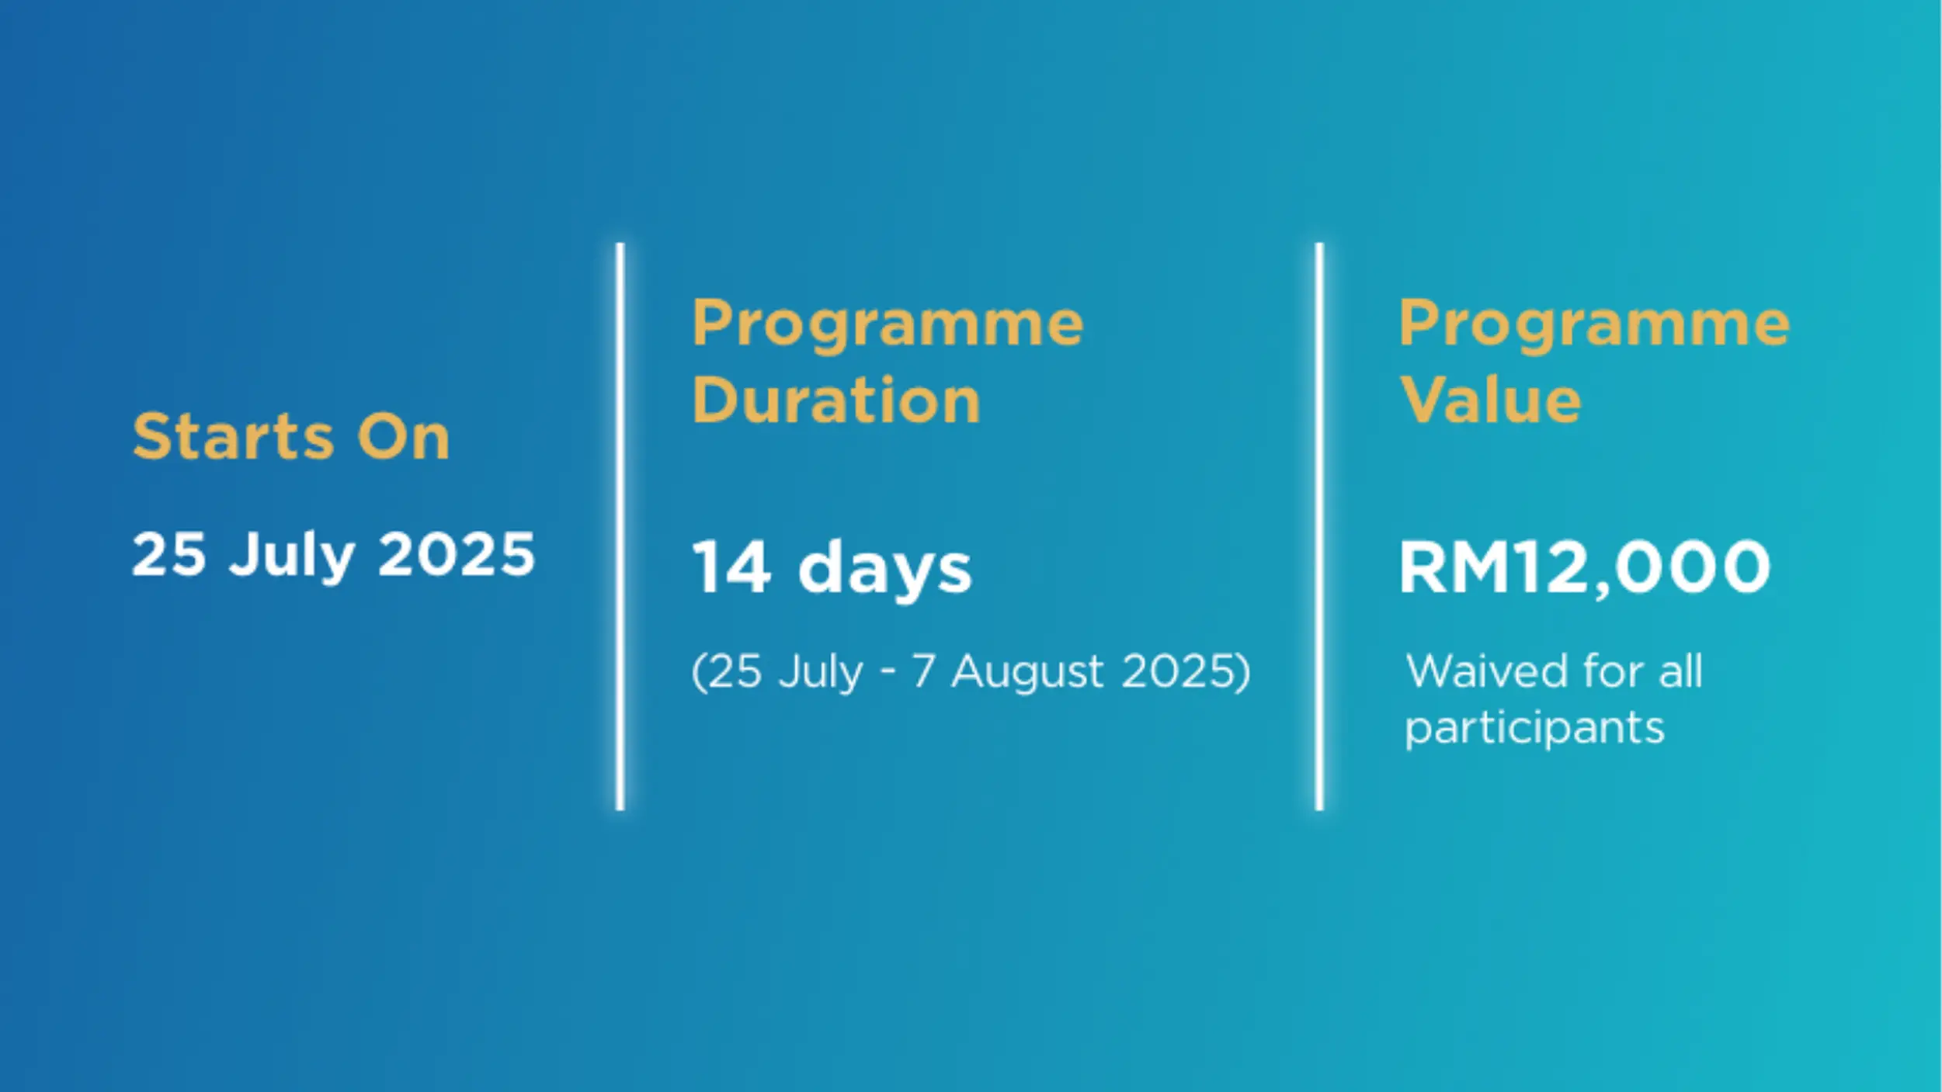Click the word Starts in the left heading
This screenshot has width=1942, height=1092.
point(233,436)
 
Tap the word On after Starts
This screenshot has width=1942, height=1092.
point(403,436)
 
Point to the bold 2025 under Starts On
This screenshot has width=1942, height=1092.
point(457,554)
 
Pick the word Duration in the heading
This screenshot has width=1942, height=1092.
point(836,400)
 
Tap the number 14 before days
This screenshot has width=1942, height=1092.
point(731,567)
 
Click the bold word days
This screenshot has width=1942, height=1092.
point(884,570)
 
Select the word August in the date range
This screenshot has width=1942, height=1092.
point(1027,673)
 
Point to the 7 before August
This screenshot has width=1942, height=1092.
point(922,671)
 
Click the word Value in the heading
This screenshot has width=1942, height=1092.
point(1490,400)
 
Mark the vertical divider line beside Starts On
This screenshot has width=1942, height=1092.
point(620,526)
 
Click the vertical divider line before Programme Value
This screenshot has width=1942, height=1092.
point(1319,526)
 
